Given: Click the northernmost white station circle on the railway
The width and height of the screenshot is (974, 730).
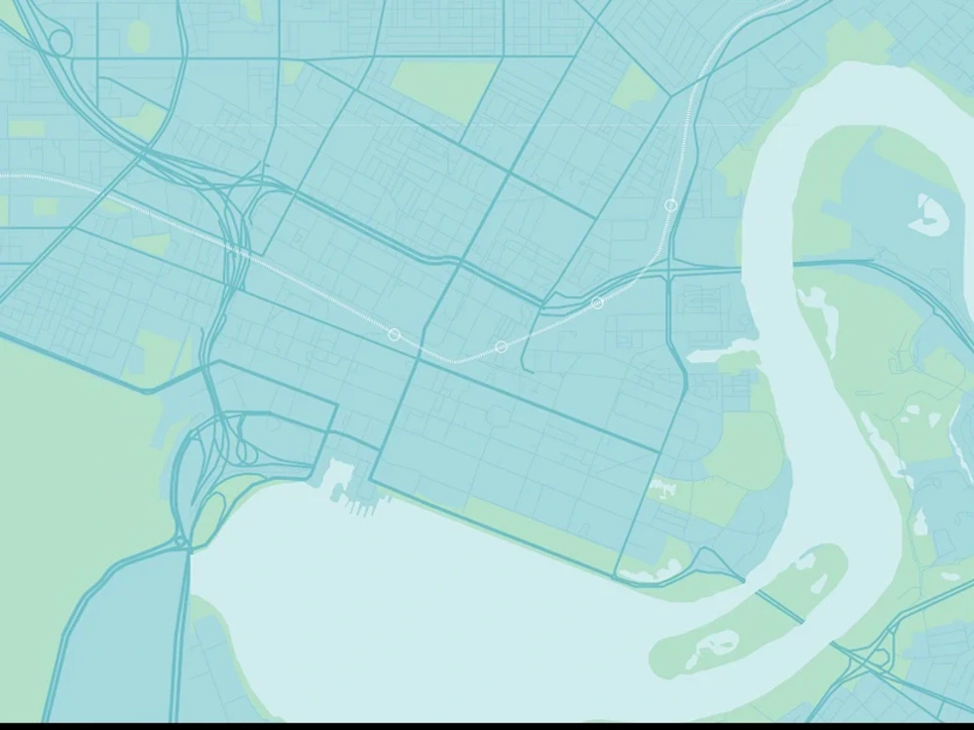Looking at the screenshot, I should point(671,205).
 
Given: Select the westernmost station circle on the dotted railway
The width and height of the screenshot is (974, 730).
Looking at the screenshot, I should point(394,335).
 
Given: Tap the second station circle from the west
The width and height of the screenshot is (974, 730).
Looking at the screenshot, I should point(501,347).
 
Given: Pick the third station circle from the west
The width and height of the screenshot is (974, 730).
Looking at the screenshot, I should point(597,303).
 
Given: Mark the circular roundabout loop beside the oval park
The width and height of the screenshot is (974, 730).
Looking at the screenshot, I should point(59,43).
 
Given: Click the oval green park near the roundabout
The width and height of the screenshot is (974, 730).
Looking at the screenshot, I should point(138,36).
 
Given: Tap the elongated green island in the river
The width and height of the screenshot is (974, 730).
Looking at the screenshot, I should point(750,608).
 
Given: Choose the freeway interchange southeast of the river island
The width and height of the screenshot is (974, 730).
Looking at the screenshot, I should point(877,657).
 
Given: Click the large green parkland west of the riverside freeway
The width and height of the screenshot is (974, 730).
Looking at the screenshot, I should point(68,467).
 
